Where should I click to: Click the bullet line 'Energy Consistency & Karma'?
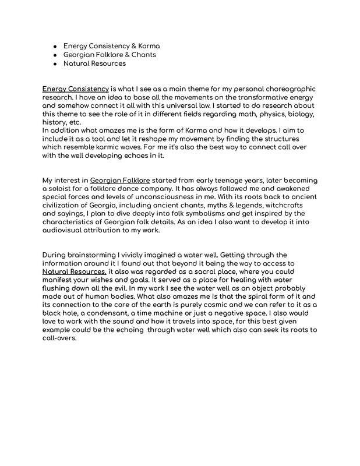[111, 45]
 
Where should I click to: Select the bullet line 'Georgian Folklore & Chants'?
[110, 54]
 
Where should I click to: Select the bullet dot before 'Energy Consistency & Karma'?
[54, 45]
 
